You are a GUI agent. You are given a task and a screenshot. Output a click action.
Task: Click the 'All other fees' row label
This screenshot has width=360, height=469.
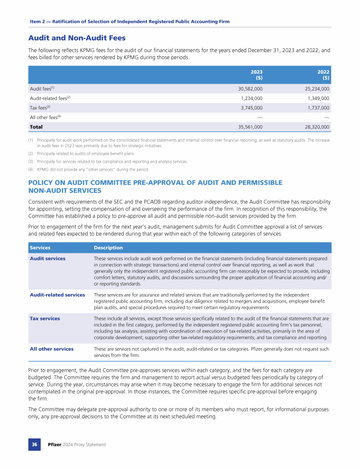click(45, 117)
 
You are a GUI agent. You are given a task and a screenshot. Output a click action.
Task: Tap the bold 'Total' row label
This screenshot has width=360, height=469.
click(36, 127)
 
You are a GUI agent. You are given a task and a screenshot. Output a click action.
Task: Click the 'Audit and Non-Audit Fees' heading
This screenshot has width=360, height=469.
click(77, 38)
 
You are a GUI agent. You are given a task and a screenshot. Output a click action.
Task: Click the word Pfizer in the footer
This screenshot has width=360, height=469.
click(56, 444)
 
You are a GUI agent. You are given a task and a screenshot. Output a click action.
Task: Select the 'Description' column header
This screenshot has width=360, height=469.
click(108, 248)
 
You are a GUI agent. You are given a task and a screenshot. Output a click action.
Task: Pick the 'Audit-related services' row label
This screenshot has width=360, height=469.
click(57, 295)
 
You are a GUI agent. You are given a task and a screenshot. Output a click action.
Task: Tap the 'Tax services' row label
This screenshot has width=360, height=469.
click(45, 318)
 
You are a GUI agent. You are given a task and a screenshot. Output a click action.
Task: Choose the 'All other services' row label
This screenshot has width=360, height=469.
click(52, 349)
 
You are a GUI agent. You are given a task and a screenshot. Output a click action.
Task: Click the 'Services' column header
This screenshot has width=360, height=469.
click(40, 248)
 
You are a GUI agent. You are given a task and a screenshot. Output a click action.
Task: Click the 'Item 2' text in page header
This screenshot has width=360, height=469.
click(38, 22)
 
